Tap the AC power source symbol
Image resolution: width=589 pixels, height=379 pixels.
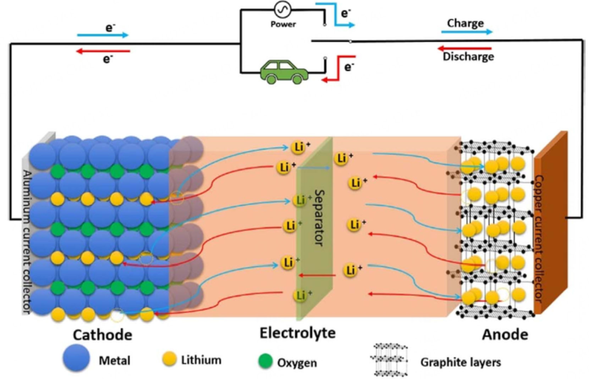[x=282, y=9]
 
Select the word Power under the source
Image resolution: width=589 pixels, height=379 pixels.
[x=283, y=24]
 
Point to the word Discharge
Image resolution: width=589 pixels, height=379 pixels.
[x=468, y=57]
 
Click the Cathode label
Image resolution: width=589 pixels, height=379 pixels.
[x=102, y=334]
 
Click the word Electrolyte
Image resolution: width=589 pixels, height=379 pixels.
[x=297, y=333]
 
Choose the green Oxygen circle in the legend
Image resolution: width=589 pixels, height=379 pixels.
[x=264, y=361]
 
